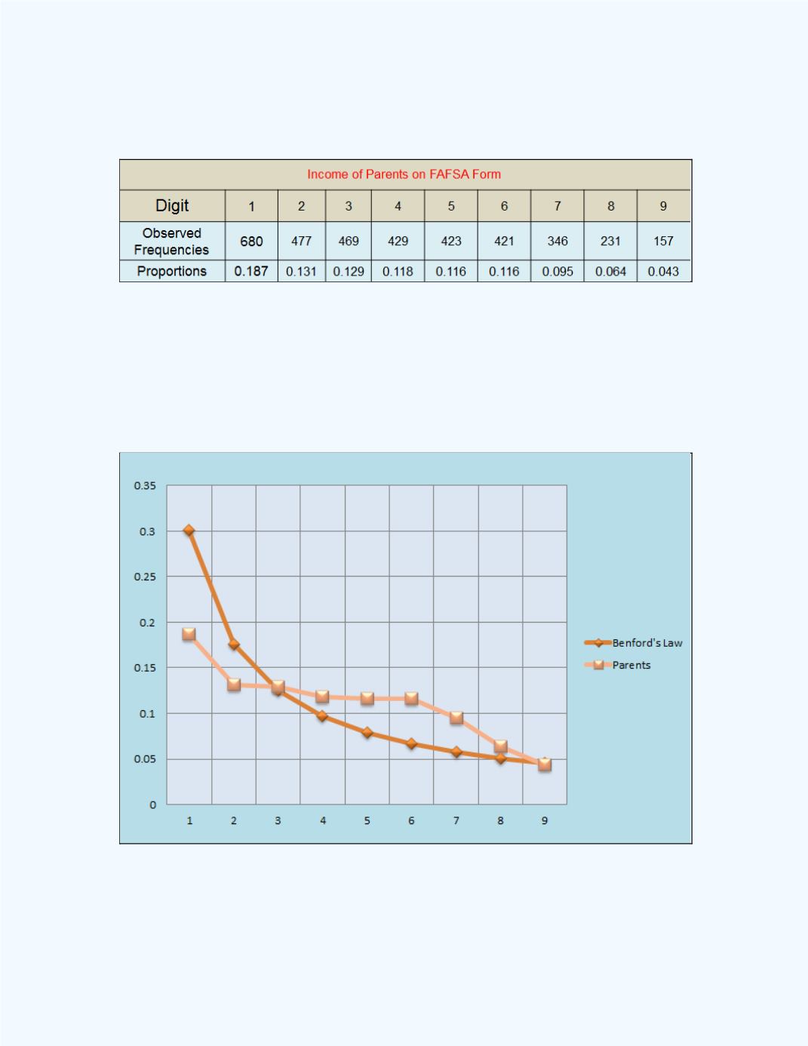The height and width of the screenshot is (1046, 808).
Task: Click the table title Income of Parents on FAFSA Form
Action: pos(404,174)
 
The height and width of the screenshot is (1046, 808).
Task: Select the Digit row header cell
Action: pos(172,205)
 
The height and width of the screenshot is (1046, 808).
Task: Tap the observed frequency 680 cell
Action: pos(251,242)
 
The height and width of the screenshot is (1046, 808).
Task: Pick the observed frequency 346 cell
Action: pos(558,242)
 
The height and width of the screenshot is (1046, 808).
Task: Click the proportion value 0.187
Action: pos(251,272)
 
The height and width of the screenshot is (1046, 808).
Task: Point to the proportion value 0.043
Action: pos(663,272)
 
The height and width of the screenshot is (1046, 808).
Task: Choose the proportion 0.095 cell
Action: pos(558,272)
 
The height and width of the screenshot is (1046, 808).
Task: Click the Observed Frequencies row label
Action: pos(172,242)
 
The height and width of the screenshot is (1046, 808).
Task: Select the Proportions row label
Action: pos(172,272)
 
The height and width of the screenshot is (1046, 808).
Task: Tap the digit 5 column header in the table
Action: pos(451,206)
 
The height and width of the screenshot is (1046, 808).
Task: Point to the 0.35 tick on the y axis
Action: pos(145,486)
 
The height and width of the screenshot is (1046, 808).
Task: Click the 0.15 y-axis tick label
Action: pos(145,668)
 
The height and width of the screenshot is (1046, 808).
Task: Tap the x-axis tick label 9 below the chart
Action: pos(545,820)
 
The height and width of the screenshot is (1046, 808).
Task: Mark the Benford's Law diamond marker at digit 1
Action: pos(189,531)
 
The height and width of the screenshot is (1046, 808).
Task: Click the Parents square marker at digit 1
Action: pos(189,635)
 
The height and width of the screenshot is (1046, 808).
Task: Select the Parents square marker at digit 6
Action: pos(411,699)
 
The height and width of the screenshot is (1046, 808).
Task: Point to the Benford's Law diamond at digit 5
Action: pos(367,733)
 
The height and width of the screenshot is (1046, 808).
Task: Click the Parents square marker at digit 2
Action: pos(234,685)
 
